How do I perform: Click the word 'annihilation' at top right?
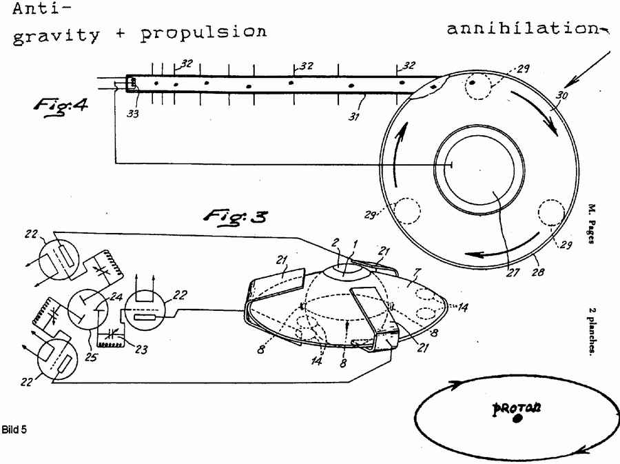pyautogui.click(x=522, y=28)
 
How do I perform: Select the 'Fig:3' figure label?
pyautogui.click(x=236, y=216)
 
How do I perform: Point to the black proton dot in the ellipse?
pyautogui.click(x=517, y=418)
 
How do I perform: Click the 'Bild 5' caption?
pyautogui.click(x=14, y=430)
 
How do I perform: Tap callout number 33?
pyautogui.click(x=133, y=114)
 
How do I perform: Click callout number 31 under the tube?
pyautogui.click(x=354, y=117)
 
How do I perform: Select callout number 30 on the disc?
pyautogui.click(x=562, y=95)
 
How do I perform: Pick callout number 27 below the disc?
pyautogui.click(x=513, y=272)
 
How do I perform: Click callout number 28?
pyautogui.click(x=538, y=272)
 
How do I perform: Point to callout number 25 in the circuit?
pyautogui.click(x=91, y=357)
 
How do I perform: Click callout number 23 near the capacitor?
pyautogui.click(x=141, y=350)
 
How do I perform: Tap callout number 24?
pyautogui.click(x=116, y=296)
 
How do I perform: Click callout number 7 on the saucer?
pyautogui.click(x=417, y=272)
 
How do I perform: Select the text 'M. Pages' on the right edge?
pyautogui.click(x=592, y=224)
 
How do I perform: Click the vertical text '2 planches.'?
pyautogui.click(x=592, y=331)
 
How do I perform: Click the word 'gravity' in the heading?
pyautogui.click(x=56, y=36)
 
